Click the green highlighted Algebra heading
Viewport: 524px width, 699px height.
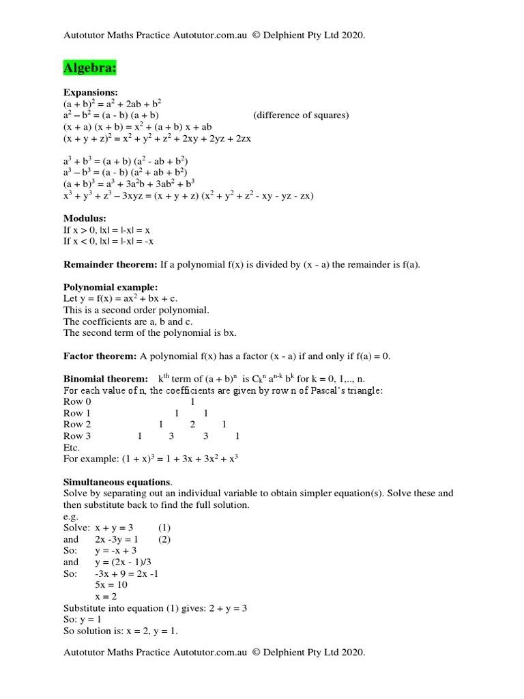pos(89,68)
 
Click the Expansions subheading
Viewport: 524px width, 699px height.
pos(91,92)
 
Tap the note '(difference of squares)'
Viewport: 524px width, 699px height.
pos(301,115)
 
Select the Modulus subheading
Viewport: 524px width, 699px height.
pos(85,218)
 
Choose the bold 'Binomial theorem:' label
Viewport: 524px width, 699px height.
pos(105,379)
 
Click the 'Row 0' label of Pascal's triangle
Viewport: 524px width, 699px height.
pos(77,402)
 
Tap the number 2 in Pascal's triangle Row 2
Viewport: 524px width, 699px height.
pos(192,425)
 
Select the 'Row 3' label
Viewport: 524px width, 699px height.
pos(77,436)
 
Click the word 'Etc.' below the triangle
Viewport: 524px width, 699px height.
pos(72,448)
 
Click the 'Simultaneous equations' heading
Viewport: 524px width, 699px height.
pos(117,482)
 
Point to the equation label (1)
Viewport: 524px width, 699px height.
pos(164,528)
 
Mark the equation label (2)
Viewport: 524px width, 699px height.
pos(164,539)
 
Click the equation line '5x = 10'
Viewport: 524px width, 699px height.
pos(112,585)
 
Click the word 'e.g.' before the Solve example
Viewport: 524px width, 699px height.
pos(71,517)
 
